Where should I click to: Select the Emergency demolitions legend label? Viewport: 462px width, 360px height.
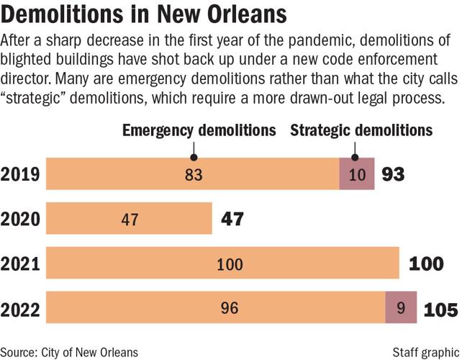(199, 130)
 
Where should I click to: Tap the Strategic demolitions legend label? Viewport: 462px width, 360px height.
(361, 130)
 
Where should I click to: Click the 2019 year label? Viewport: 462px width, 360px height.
(20, 174)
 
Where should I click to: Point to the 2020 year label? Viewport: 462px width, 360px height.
(20, 219)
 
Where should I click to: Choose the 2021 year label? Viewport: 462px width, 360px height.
(20, 264)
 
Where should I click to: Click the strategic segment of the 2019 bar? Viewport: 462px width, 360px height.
(357, 174)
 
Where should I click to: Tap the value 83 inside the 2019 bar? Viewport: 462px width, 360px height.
(194, 175)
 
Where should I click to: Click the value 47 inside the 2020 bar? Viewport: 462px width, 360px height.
(129, 220)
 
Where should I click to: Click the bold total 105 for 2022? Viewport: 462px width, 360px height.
(440, 310)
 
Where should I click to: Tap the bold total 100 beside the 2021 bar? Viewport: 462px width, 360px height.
(426, 264)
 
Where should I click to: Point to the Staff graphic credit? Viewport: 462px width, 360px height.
(425, 351)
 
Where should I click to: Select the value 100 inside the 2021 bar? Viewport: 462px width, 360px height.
(230, 265)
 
